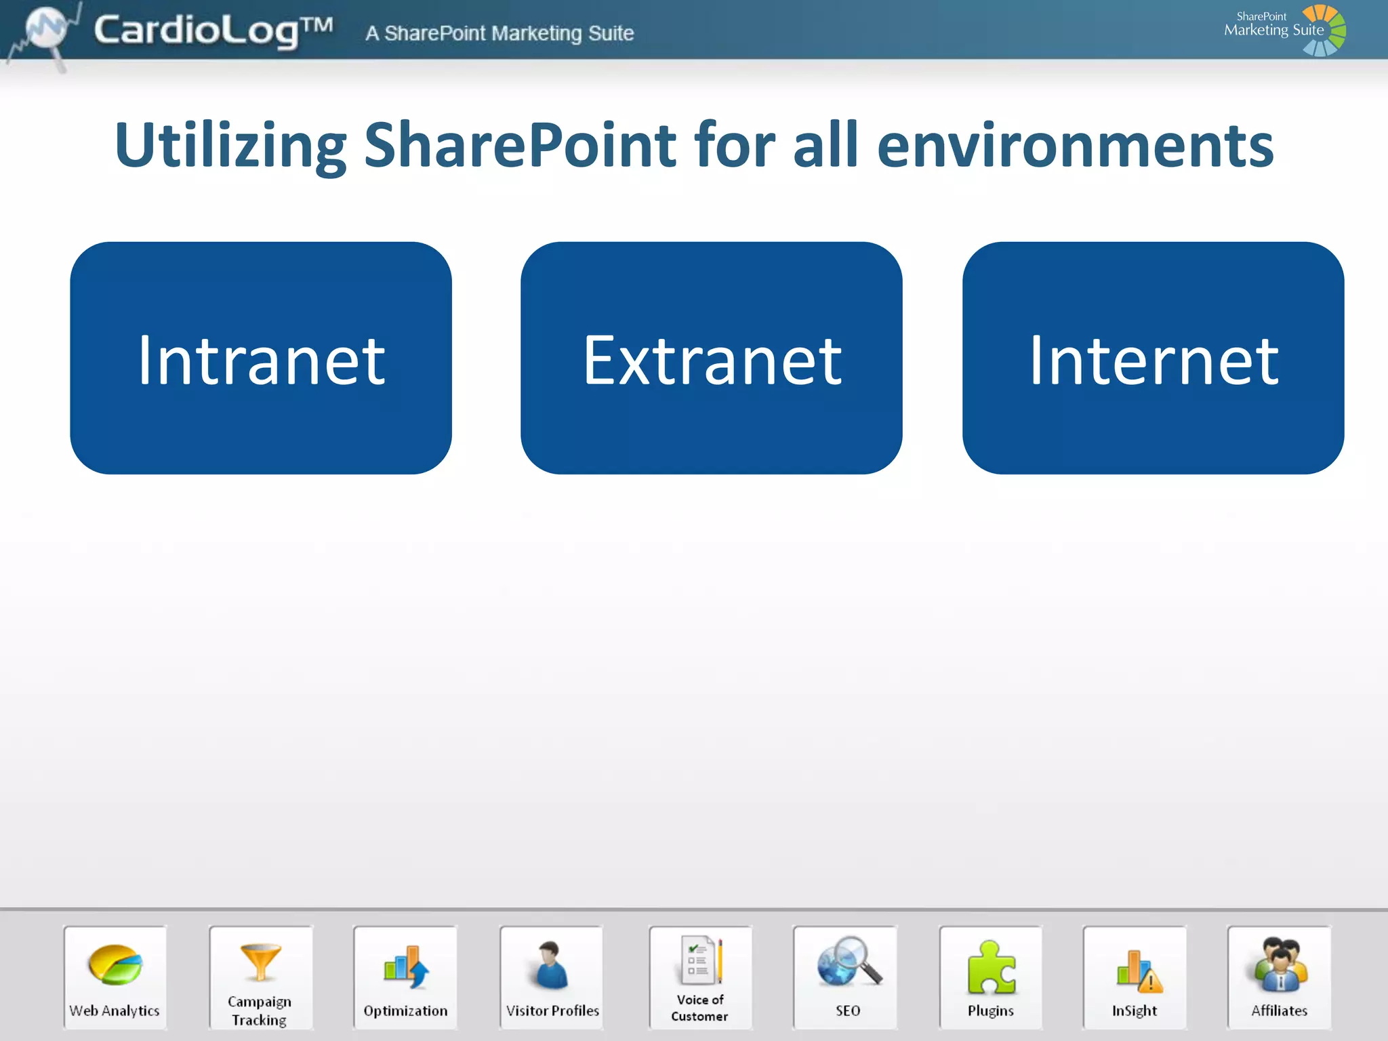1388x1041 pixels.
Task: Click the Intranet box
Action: click(x=261, y=358)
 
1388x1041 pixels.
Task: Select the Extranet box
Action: click(x=711, y=358)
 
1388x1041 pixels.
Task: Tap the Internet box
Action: click(x=1153, y=358)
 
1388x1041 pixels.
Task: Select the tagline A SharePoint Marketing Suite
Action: click(x=499, y=33)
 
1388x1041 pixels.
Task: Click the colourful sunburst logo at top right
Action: click(x=1323, y=30)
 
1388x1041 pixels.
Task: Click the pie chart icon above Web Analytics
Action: click(x=115, y=964)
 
